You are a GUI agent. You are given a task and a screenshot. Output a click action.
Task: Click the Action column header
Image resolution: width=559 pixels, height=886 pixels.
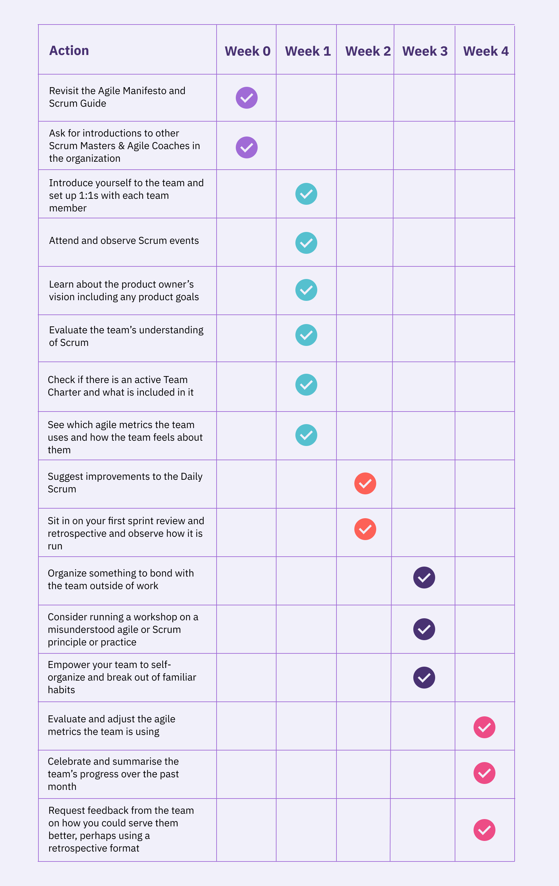point(69,50)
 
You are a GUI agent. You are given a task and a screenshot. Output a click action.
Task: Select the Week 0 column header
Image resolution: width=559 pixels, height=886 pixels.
point(247,51)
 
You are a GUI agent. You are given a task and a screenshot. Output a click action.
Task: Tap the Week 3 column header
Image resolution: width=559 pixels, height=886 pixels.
point(425,51)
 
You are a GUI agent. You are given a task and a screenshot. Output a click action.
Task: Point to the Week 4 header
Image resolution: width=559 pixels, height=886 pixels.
point(485,51)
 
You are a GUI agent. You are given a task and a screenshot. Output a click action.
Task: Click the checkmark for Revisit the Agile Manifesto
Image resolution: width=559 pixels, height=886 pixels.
point(246,98)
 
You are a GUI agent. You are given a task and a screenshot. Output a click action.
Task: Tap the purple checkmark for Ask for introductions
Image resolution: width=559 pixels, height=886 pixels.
point(246,147)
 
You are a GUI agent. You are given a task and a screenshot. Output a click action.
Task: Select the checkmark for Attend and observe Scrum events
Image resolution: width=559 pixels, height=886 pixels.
point(306,243)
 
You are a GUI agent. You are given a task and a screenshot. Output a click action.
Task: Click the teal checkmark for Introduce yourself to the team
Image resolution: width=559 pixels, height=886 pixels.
point(306,194)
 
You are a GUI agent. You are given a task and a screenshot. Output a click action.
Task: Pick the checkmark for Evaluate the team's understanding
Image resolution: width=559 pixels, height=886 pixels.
point(306,335)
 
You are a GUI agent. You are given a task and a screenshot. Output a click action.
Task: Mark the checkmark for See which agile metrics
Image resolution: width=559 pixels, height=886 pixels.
point(306,435)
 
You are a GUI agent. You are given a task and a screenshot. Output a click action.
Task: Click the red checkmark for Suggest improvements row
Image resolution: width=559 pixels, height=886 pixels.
point(365,483)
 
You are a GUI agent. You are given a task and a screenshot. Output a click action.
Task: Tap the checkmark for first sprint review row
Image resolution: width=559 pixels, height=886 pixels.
point(365,529)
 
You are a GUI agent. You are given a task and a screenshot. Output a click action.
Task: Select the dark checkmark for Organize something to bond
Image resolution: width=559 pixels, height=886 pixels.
point(424,578)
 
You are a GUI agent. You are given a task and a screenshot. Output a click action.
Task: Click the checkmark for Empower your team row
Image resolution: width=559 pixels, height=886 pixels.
point(424,678)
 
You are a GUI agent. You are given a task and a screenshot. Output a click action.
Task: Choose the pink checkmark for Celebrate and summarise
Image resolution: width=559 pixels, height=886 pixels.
point(484,773)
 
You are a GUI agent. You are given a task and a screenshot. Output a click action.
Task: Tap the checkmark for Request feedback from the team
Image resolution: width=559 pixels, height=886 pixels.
point(484,830)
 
